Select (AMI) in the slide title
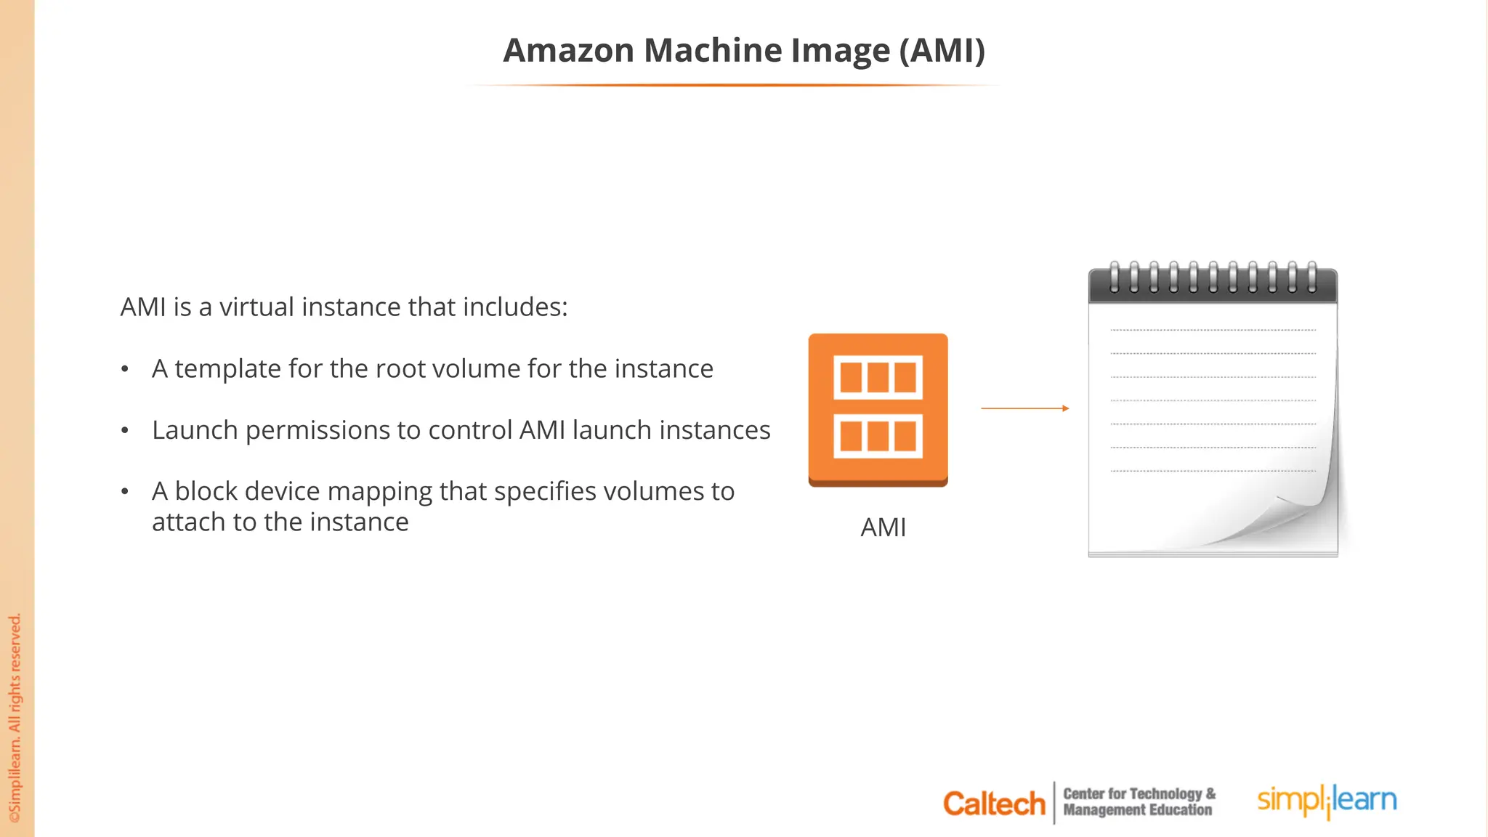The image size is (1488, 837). pyautogui.click(x=942, y=51)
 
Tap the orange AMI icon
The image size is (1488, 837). pyautogui.click(x=878, y=410)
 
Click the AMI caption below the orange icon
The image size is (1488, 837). pyautogui.click(x=883, y=527)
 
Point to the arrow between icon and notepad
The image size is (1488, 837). pyautogui.click(x=1024, y=408)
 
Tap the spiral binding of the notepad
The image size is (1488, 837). pyautogui.click(x=1212, y=278)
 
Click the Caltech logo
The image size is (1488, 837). pyautogui.click(x=993, y=804)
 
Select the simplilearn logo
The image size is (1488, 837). pyautogui.click(x=1327, y=801)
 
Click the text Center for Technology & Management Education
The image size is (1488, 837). pyautogui.click(x=1139, y=802)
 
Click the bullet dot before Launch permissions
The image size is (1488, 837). pyautogui.click(x=125, y=431)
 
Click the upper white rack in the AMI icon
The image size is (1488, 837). pyautogui.click(x=878, y=377)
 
